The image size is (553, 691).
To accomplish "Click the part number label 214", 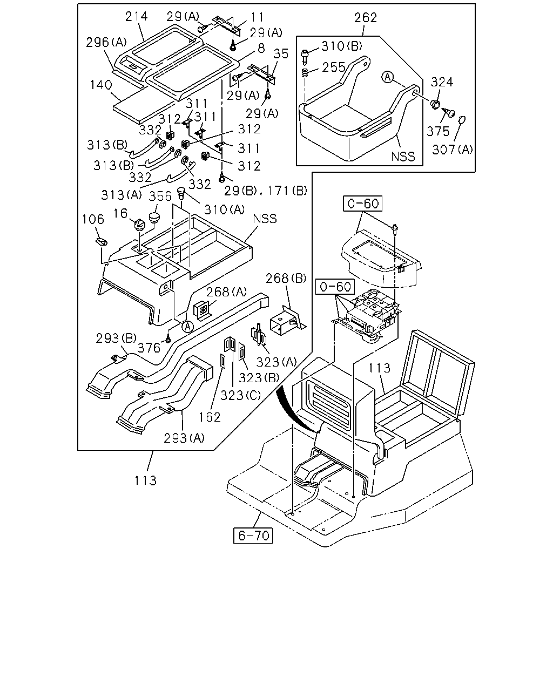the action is click(x=136, y=16).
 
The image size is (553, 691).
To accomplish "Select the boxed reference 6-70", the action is click(x=253, y=536).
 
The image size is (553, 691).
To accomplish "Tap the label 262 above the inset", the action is click(x=366, y=18).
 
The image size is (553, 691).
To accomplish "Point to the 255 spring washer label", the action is click(x=334, y=67).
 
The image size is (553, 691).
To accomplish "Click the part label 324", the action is click(x=442, y=82).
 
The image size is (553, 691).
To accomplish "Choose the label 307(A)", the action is click(x=453, y=150).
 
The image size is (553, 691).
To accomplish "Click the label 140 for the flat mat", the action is click(x=101, y=85).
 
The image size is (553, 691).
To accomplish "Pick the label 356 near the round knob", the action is click(x=160, y=196).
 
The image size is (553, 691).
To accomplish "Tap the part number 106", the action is click(x=93, y=220).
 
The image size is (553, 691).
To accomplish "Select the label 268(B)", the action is click(x=286, y=279).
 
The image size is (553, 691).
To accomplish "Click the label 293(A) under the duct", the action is click(x=184, y=438).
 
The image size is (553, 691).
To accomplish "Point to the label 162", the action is click(x=210, y=417).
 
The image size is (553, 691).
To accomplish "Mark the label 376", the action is click(x=149, y=348).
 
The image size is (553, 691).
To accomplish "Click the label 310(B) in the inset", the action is click(x=342, y=46).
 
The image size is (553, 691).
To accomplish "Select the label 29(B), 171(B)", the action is click(x=265, y=191).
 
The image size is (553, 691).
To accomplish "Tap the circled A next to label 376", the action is click(x=187, y=327).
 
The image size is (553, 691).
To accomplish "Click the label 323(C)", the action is click(x=241, y=396).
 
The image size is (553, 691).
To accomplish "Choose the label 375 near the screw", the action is click(x=437, y=131).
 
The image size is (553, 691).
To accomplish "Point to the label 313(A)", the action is click(x=122, y=195).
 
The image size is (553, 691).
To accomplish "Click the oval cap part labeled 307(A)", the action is click(x=461, y=119).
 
